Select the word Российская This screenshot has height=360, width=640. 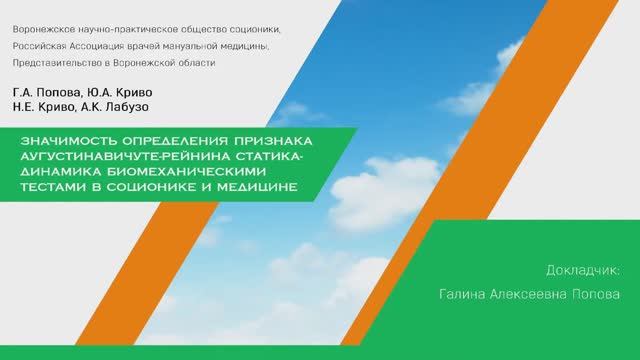[x=42, y=47]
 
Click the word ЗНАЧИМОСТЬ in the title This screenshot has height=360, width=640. [x=67, y=142]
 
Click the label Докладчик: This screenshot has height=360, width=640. [x=584, y=271]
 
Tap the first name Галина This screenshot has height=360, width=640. [x=462, y=295]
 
